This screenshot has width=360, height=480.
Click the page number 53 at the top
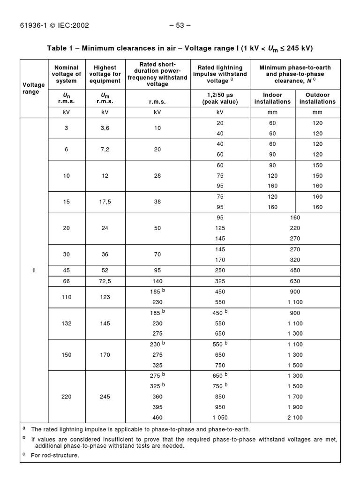point(180,25)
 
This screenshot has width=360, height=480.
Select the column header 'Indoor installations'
point(272,98)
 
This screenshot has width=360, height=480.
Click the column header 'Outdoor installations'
point(317,98)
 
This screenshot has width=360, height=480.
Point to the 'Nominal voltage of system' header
point(67,74)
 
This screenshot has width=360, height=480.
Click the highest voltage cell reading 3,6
point(105,127)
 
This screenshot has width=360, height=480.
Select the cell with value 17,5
point(105,202)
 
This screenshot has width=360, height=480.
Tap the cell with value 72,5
point(105,281)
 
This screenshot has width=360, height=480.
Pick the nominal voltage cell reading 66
point(67,281)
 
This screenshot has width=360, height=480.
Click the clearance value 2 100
point(295,417)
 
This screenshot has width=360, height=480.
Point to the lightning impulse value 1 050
point(220,417)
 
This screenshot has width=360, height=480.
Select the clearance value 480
point(295,270)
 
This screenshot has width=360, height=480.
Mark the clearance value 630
point(295,281)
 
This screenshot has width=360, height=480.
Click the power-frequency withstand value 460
point(157,417)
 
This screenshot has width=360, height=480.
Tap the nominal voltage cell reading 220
point(67,397)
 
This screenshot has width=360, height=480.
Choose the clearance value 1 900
point(295,407)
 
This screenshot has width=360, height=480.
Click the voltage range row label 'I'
point(34,270)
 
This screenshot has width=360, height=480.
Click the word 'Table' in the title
point(57,48)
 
